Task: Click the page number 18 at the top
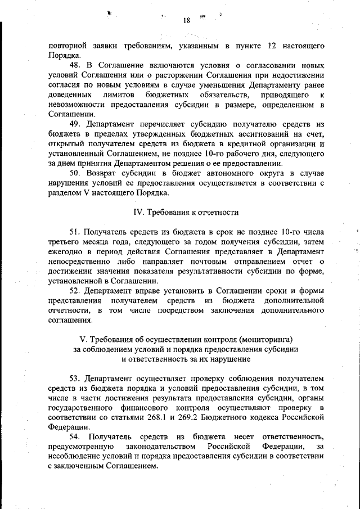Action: [187, 21]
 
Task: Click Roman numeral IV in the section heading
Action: [138, 213]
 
